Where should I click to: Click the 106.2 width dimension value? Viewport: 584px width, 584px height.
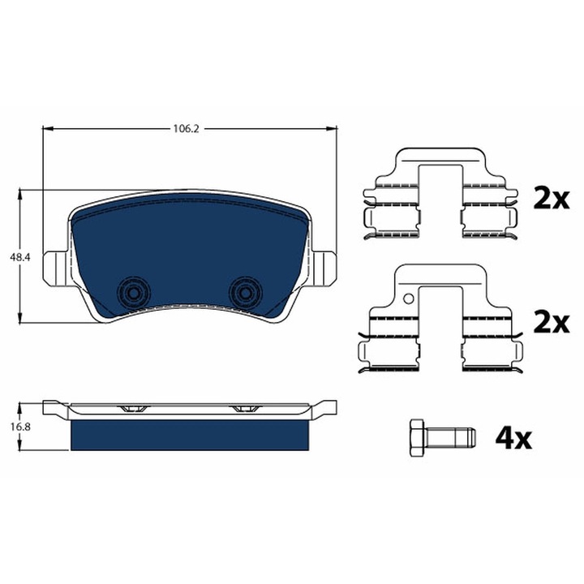[186, 129]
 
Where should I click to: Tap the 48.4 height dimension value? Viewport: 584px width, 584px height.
[19, 257]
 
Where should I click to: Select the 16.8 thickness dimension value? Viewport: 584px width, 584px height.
[20, 427]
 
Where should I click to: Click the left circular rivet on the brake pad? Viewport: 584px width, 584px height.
[133, 293]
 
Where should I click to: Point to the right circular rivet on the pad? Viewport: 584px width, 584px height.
[246, 293]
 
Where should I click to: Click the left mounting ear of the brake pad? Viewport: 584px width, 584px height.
[56, 268]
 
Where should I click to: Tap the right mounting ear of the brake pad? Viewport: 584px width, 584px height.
[324, 268]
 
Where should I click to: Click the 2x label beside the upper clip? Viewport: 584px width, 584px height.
[552, 200]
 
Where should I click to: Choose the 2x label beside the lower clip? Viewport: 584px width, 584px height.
[552, 323]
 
